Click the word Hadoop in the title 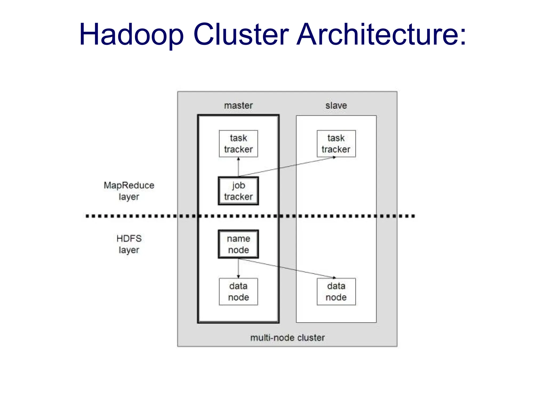(x=131, y=35)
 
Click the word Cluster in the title (x=241, y=35)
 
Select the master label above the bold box (x=238, y=105)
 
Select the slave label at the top (x=336, y=105)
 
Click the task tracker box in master (x=238, y=144)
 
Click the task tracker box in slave (x=336, y=144)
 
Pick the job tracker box (x=238, y=191)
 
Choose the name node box (x=238, y=244)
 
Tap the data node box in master (x=238, y=291)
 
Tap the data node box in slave (x=336, y=291)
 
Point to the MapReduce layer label (x=129, y=191)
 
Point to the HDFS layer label (x=129, y=244)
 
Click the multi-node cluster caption (x=287, y=338)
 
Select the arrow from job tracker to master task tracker (x=238, y=167)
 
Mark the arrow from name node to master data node (x=238, y=268)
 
